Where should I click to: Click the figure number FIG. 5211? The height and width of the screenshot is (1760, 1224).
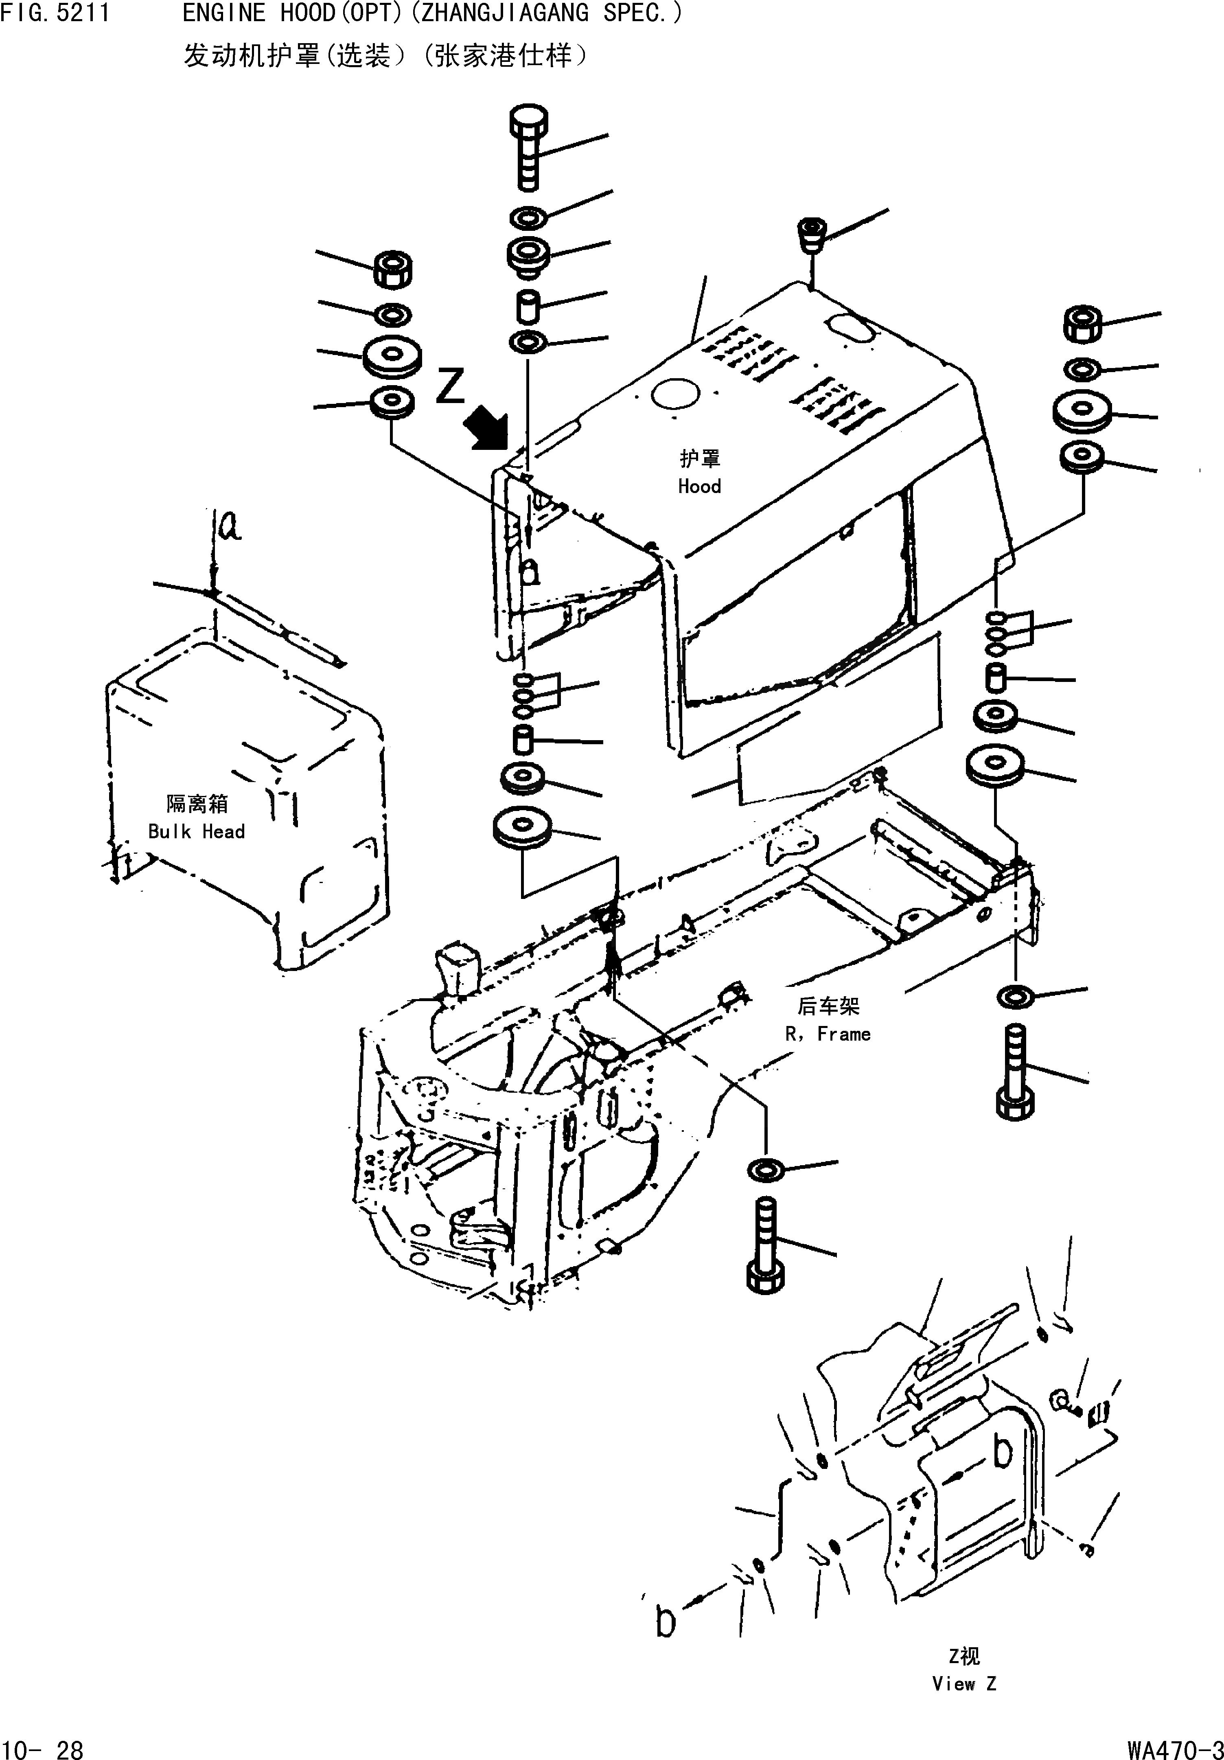[x=55, y=13]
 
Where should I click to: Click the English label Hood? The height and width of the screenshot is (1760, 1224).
[x=699, y=486]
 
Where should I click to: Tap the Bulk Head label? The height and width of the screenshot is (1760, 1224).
[x=196, y=832]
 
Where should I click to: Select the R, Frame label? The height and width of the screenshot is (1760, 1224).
[x=828, y=1034]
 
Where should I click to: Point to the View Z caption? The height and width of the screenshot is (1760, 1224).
[x=964, y=1683]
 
